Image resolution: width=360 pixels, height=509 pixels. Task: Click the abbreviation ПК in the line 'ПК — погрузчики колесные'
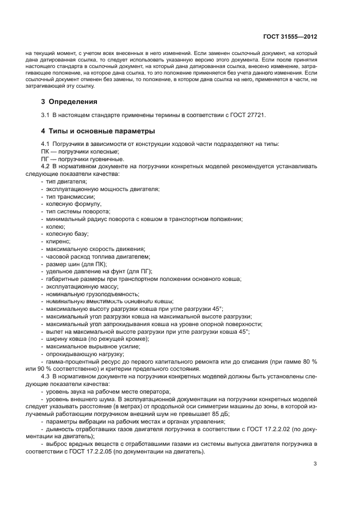(x=45, y=151)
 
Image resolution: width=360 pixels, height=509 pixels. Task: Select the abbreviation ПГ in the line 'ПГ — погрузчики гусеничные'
(x=45, y=158)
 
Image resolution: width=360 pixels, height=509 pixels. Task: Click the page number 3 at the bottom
(x=315, y=464)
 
